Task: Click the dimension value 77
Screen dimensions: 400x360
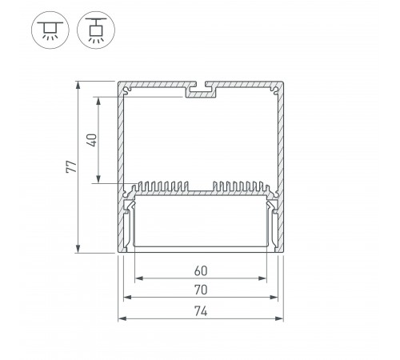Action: click(71, 166)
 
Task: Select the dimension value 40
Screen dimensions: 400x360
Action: click(92, 140)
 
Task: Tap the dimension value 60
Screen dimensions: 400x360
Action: click(201, 270)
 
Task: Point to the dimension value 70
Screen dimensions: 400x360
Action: click(201, 290)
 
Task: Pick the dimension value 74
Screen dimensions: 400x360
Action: click(201, 311)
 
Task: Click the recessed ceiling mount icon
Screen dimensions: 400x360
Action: click(50, 30)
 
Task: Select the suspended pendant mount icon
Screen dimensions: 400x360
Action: click(96, 30)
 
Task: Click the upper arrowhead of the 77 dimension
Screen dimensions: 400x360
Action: click(78, 86)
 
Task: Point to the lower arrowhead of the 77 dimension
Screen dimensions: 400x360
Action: click(78, 248)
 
